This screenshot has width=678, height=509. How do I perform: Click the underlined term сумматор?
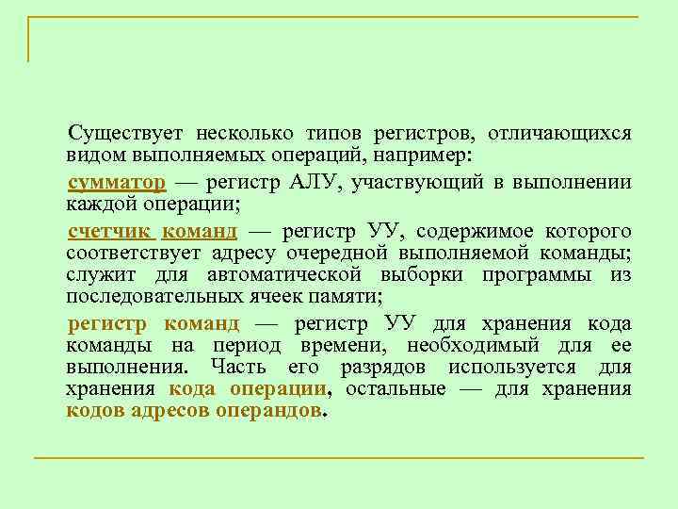pos(117,182)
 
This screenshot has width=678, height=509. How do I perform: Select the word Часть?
pos(238,368)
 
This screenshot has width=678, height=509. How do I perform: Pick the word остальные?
pos(395,389)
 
